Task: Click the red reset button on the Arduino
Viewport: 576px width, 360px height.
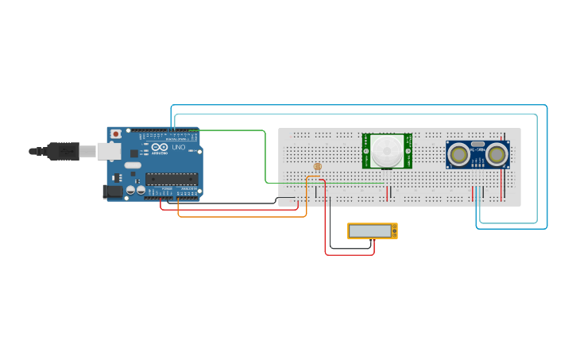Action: click(116, 134)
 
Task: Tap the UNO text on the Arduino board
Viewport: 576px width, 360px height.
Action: click(179, 148)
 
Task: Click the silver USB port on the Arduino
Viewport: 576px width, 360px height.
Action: click(109, 151)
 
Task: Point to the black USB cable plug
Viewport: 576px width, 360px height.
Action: click(63, 151)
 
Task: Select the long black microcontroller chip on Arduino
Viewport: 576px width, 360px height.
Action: click(171, 179)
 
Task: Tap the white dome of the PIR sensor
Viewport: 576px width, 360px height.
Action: click(388, 149)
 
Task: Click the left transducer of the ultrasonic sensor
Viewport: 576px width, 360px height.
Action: click(458, 155)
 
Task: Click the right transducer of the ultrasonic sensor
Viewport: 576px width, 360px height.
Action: click(497, 155)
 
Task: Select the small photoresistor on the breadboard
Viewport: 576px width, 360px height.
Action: click(318, 167)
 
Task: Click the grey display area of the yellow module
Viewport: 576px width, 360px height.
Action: click(370, 230)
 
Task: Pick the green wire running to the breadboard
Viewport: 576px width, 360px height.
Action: click(265, 159)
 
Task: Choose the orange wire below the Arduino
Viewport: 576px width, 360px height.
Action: click(238, 216)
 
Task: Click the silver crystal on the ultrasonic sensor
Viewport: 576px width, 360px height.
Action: click(477, 144)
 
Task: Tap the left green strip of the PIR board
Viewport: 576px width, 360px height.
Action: click(366, 151)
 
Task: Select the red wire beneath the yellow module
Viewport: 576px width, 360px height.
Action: click(350, 255)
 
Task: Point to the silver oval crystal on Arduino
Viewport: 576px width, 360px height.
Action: click(133, 165)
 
